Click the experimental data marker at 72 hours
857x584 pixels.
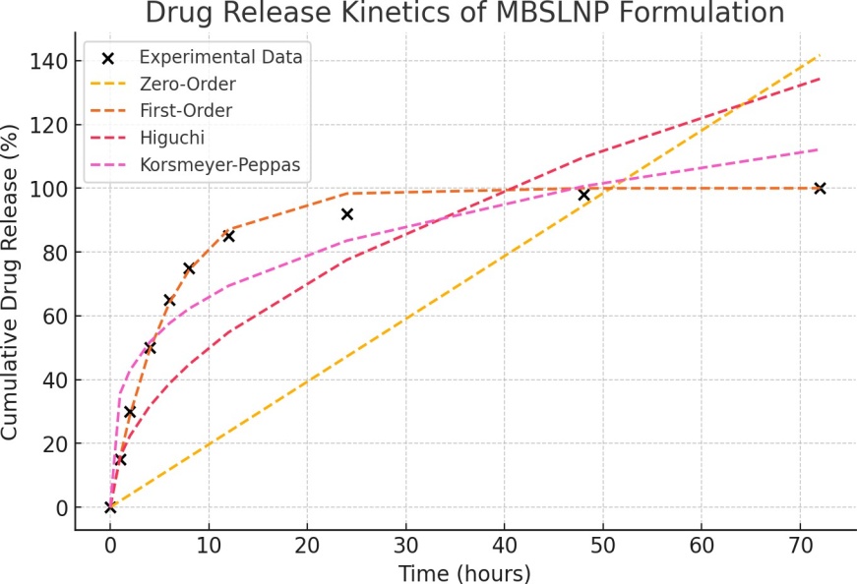coord(820,188)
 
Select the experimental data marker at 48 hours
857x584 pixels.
coord(583,195)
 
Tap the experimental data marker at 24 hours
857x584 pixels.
coord(346,213)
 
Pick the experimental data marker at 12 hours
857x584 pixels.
coord(228,236)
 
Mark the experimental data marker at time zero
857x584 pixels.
coord(110,507)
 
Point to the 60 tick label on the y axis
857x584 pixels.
coord(54,317)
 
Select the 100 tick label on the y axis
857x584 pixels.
coord(48,189)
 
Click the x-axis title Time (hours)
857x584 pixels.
coord(464,572)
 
